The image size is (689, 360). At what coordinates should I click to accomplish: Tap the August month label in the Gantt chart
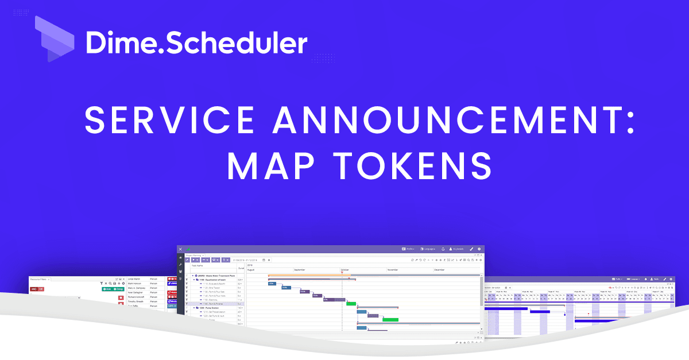pyautogui.click(x=251, y=269)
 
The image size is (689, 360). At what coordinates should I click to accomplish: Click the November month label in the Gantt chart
pyautogui.click(x=393, y=269)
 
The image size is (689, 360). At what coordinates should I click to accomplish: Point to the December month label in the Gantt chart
pyautogui.click(x=440, y=269)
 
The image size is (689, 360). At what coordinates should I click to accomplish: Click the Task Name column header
pyautogui.click(x=198, y=266)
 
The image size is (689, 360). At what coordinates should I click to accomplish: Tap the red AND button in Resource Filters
pyautogui.click(x=34, y=289)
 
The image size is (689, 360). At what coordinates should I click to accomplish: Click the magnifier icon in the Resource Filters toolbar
pyautogui.click(x=110, y=284)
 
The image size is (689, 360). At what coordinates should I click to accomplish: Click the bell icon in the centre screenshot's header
pyautogui.click(x=443, y=249)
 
